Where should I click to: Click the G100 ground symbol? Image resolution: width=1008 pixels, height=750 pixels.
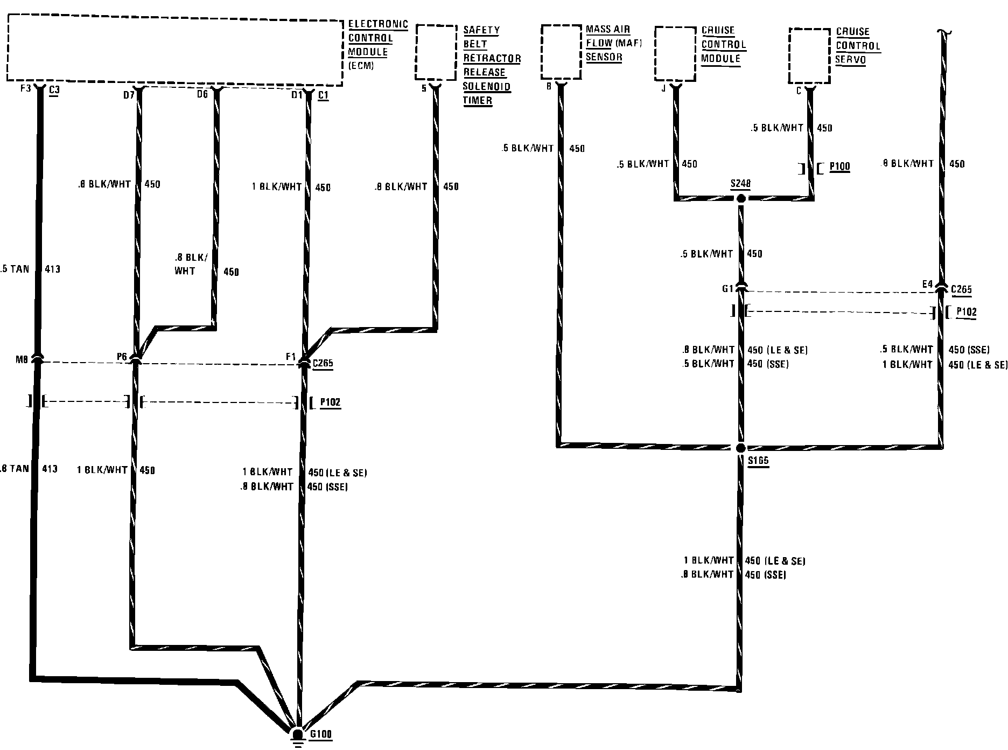[297, 736]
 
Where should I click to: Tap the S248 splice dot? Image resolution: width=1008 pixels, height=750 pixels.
[741, 199]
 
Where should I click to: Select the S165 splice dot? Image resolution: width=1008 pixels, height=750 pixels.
[741, 448]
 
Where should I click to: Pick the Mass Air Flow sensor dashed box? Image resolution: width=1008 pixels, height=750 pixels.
[561, 51]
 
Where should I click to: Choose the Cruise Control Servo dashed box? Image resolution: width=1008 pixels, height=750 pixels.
[809, 55]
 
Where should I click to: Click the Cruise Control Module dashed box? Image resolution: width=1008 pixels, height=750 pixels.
[675, 54]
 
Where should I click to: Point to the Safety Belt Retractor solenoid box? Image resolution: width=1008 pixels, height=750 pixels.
[436, 52]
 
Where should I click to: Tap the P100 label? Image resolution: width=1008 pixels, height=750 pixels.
[839, 166]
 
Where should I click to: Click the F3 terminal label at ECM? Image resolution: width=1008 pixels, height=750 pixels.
[25, 88]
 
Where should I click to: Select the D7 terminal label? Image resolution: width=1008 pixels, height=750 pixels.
[129, 95]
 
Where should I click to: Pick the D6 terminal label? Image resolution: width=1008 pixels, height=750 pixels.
[202, 95]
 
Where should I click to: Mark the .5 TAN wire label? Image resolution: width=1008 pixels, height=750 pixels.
[15, 269]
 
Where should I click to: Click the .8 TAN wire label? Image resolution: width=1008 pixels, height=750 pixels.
[15, 469]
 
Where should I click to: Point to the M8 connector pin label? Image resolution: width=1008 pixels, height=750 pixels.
[22, 359]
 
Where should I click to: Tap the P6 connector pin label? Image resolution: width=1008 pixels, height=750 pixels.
[122, 357]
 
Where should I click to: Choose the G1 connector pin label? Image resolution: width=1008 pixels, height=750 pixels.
[727, 289]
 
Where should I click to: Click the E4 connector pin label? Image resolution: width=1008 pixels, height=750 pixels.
[927, 284]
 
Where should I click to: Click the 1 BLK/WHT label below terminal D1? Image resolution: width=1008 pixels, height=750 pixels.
[277, 187]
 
